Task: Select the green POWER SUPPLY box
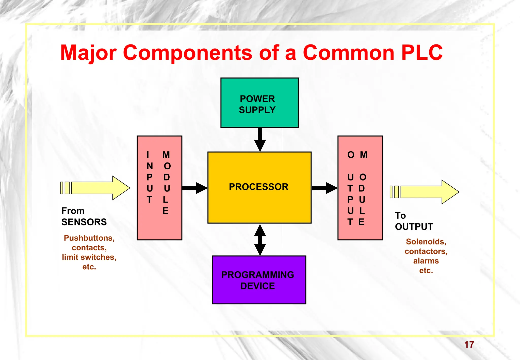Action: pos(259,103)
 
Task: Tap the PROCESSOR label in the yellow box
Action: pos(258,187)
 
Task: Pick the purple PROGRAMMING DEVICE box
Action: pos(259,280)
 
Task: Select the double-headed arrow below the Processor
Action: pos(260,240)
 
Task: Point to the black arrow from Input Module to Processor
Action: pos(194,188)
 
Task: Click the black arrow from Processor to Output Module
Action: pos(324,188)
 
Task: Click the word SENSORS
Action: pos(84,222)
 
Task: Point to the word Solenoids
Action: pos(426,241)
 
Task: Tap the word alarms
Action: pos(426,261)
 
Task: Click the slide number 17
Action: pos(469,345)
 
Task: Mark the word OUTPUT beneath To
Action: pos(414,227)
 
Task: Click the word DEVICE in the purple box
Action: pos(257,286)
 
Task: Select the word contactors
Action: pos(426,251)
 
